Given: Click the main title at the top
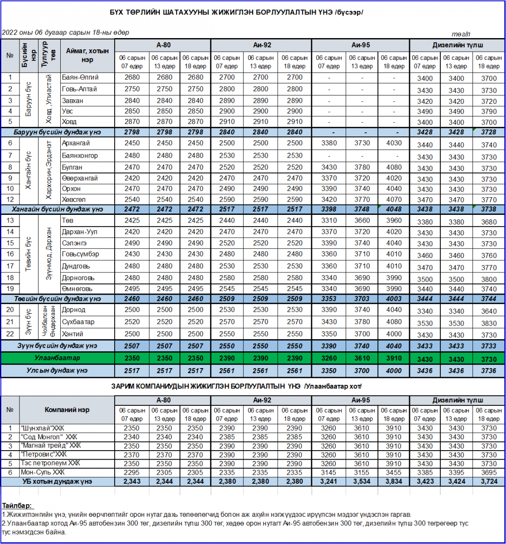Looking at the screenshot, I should click(x=236, y=12).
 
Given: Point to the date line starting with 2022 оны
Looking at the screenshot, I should click(x=66, y=33).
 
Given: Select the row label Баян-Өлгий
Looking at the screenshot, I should click(x=80, y=78).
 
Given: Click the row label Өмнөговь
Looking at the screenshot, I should click(x=77, y=289).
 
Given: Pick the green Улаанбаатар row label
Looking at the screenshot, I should click(x=57, y=358).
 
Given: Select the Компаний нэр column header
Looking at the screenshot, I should click(x=67, y=410).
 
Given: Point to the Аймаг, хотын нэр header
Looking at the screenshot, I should click(x=87, y=55).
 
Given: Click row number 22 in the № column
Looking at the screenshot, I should click(x=10, y=334).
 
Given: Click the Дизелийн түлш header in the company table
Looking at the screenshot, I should click(x=458, y=400).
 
